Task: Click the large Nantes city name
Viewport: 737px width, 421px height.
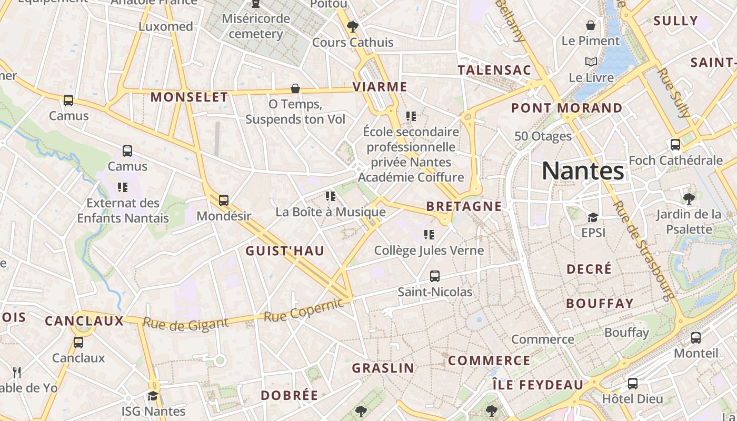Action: [x=583, y=171]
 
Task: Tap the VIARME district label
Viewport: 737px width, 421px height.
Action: [x=380, y=87]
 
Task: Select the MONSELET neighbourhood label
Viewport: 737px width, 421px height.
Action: [x=190, y=97]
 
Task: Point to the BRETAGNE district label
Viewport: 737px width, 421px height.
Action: [x=464, y=206]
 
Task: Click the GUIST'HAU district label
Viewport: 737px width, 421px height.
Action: [x=285, y=251]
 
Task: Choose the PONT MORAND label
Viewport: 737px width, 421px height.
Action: [x=567, y=108]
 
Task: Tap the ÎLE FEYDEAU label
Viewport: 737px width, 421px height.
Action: [x=538, y=385]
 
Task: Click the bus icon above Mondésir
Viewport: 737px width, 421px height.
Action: [x=224, y=201]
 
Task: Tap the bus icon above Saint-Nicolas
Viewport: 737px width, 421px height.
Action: [x=435, y=276]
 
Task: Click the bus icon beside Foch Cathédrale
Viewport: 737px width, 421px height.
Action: [x=675, y=145]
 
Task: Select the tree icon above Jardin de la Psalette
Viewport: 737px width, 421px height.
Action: [x=689, y=198]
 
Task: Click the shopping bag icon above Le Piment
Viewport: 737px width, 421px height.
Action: [x=591, y=25]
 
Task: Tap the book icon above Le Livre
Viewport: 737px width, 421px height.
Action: [x=591, y=62]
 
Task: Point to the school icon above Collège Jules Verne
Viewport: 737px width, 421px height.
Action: [x=429, y=235]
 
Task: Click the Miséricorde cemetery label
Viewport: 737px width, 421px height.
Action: [x=256, y=26]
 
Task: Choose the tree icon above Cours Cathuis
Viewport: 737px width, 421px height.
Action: [x=353, y=27]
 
